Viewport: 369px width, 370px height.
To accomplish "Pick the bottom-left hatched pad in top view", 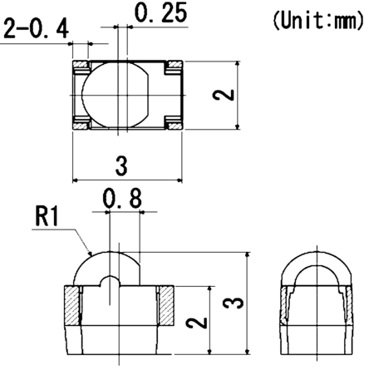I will (82, 127).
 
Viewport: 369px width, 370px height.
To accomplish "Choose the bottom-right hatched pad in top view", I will (175, 127).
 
